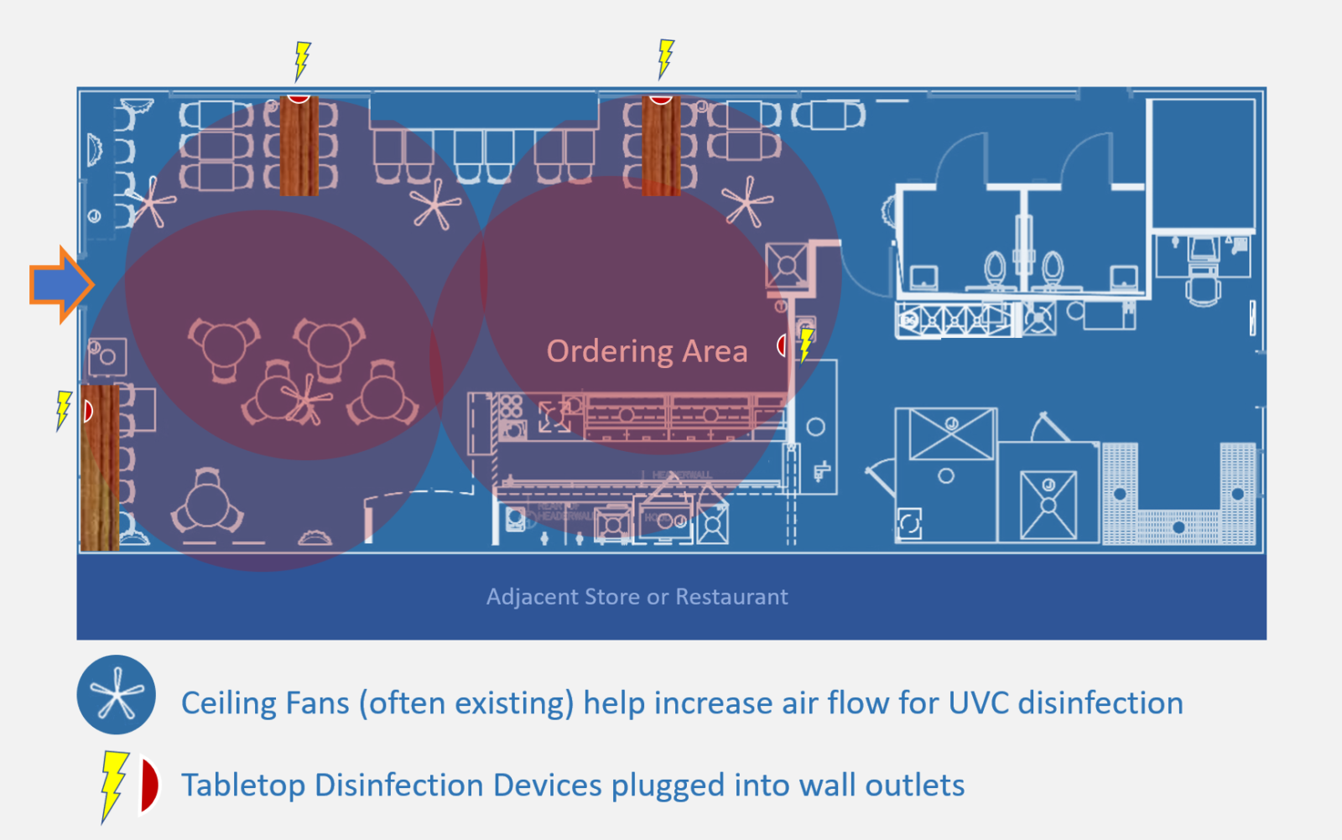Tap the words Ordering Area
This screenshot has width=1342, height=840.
click(x=647, y=350)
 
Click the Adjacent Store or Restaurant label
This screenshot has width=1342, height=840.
click(x=637, y=597)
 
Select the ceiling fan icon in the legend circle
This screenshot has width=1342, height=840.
click(x=117, y=695)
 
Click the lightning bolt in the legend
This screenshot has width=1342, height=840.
click(x=112, y=785)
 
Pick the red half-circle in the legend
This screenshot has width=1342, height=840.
click(x=149, y=786)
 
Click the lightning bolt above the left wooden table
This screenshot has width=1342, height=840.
click(x=302, y=61)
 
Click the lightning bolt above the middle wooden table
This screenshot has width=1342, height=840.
click(x=665, y=58)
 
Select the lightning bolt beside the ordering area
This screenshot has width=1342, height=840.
click(x=805, y=345)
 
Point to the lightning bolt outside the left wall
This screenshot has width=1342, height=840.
click(x=64, y=410)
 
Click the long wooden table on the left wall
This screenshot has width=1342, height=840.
click(x=100, y=468)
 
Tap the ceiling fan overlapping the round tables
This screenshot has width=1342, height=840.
click(x=307, y=399)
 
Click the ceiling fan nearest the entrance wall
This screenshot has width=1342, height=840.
click(x=152, y=202)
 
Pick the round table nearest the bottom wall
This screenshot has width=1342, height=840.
click(x=206, y=504)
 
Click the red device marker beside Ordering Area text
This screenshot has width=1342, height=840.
click(x=781, y=345)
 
